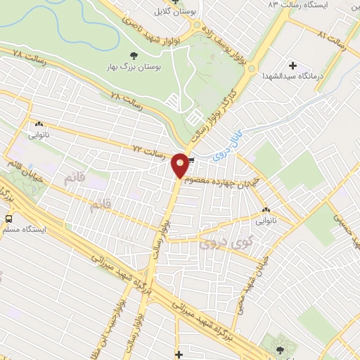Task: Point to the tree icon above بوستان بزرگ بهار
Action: [134, 54]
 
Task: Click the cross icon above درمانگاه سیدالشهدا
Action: [292, 65]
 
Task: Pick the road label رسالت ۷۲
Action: [148, 149]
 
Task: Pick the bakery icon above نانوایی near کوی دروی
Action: [266, 210]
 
